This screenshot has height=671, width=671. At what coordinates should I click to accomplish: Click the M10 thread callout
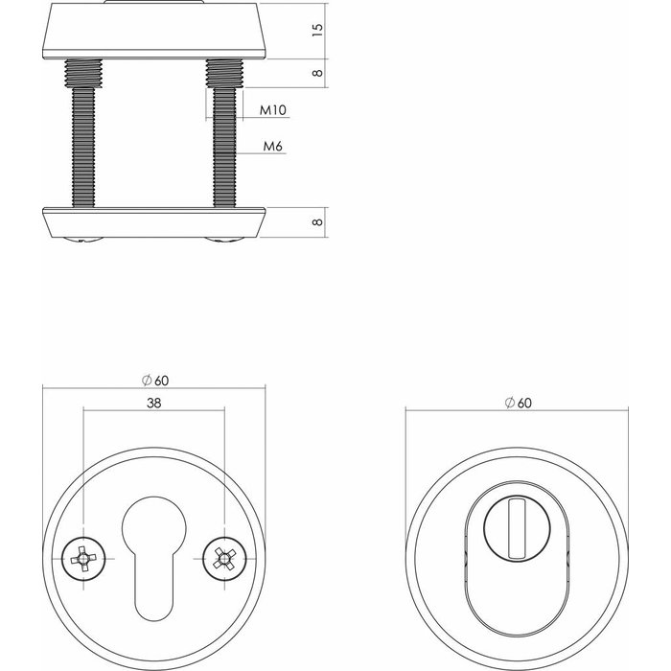click(x=274, y=111)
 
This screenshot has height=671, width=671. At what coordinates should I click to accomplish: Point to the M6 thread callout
click(x=272, y=147)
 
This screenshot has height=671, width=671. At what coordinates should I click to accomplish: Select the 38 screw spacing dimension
click(x=153, y=405)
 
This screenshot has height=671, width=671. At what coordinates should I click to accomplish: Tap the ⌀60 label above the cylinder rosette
click(x=518, y=405)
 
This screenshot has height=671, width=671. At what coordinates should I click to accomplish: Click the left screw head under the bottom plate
click(x=81, y=238)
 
